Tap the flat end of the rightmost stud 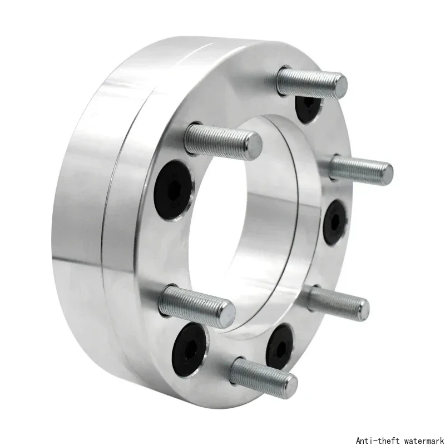386,174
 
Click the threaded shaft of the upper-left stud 219,139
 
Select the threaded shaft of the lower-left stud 193,305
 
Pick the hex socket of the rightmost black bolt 335,222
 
